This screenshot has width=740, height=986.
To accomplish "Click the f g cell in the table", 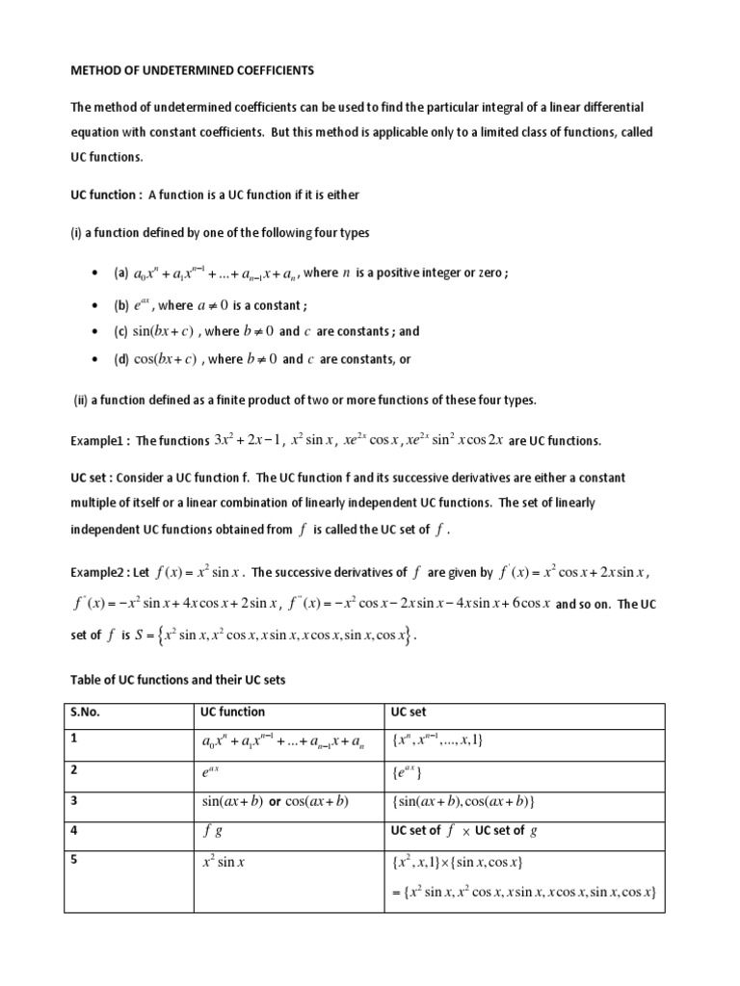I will (212, 831).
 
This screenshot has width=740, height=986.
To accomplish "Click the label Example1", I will (99, 441).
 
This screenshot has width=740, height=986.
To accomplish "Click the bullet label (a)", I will (121, 273).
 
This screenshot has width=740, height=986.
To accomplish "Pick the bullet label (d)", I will (121, 360).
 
